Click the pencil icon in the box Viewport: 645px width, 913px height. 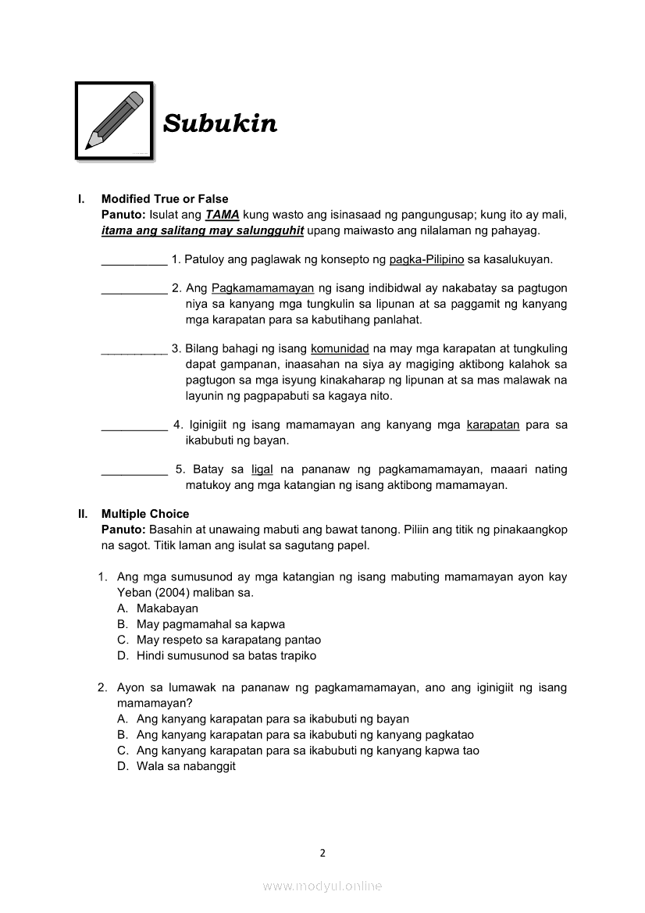point(115,121)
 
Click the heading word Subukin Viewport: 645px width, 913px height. point(219,123)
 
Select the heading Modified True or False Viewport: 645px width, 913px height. point(165,199)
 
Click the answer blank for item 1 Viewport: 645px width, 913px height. point(134,259)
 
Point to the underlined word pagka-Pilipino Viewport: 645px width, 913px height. point(426,259)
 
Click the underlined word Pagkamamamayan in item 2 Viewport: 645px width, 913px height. point(262,288)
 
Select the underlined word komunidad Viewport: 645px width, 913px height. point(340,348)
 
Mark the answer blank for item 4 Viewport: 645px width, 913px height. point(134,426)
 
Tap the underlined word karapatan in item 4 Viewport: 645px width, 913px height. point(493,425)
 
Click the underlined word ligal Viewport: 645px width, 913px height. point(262,469)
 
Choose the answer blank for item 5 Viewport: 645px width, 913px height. point(134,470)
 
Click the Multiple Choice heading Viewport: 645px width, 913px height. point(145,514)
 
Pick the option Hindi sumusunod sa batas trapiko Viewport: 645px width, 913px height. point(226,656)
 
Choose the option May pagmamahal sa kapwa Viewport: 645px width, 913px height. point(210,624)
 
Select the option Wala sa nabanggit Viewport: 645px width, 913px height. point(186,766)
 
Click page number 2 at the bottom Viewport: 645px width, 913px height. point(322,853)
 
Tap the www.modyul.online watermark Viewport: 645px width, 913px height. point(322,886)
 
